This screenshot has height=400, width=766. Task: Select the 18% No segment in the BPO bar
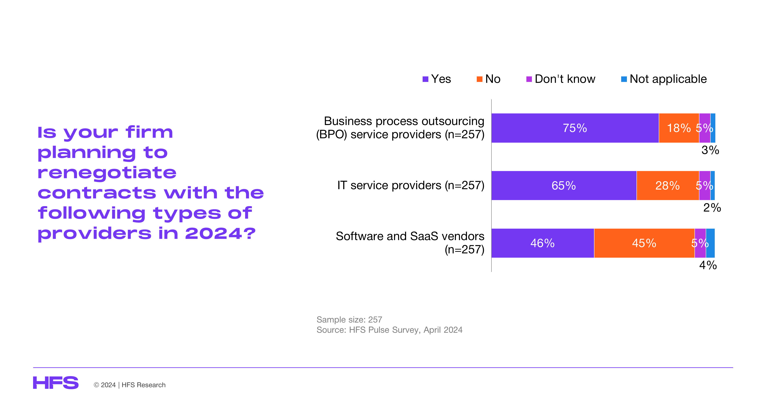pyautogui.click(x=679, y=128)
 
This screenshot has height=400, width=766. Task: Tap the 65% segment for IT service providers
pyautogui.click(x=564, y=185)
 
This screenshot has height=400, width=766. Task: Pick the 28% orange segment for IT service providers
pyautogui.click(x=667, y=185)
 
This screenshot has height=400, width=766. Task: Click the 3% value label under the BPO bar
pyautogui.click(x=710, y=150)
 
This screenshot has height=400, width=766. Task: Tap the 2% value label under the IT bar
pyautogui.click(x=712, y=208)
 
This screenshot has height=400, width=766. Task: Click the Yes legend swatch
pyautogui.click(x=425, y=79)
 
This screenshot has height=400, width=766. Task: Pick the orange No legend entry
pyautogui.click(x=489, y=79)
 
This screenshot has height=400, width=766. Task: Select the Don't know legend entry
pyautogui.click(x=561, y=79)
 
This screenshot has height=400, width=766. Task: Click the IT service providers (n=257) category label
pyautogui.click(x=411, y=185)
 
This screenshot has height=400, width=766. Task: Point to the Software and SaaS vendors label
pyautogui.click(x=410, y=236)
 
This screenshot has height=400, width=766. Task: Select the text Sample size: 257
pyautogui.click(x=349, y=320)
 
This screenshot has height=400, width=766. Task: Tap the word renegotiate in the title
pyautogui.click(x=107, y=173)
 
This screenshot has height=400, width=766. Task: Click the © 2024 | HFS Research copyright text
pyautogui.click(x=130, y=385)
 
